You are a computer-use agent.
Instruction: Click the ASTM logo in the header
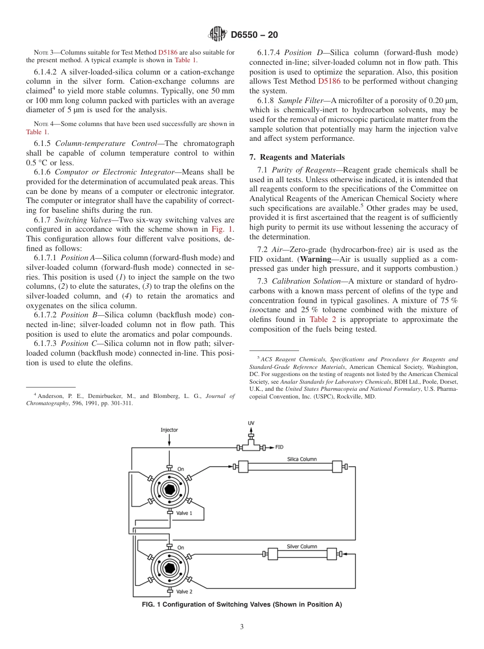[218, 35]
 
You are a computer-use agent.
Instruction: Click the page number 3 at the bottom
[242, 627]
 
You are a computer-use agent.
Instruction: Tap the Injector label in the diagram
[169, 430]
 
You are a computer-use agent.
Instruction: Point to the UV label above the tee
[251, 423]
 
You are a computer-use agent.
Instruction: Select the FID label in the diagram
[279, 447]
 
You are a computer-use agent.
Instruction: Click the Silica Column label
[302, 459]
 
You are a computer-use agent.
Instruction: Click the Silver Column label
[302, 546]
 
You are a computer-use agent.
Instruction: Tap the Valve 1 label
[184, 513]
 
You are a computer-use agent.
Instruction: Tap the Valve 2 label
[184, 591]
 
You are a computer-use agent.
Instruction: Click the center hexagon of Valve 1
[169, 490]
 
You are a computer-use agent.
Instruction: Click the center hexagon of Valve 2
[169, 567]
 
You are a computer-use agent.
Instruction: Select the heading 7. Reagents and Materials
[297, 157]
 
